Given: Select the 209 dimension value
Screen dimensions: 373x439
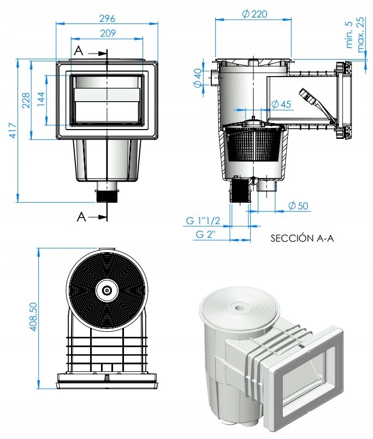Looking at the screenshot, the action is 108,33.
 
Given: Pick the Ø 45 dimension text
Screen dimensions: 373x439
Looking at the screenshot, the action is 281,104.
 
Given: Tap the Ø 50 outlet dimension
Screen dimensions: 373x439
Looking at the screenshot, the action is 298,206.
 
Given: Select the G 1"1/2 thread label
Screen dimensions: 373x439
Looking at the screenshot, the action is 202,221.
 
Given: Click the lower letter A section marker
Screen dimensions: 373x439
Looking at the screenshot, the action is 81,217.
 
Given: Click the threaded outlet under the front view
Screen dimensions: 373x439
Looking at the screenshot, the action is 108,195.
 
